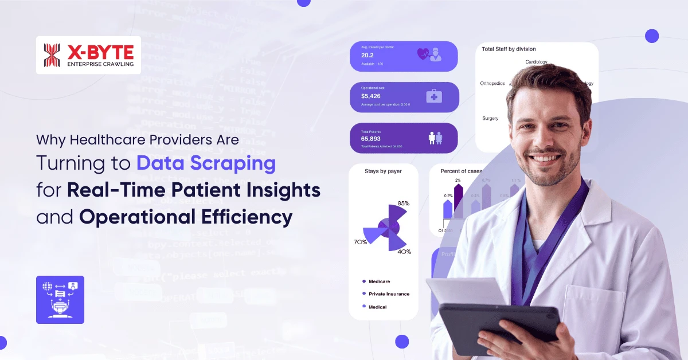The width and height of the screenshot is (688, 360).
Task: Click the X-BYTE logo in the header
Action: tap(88, 55)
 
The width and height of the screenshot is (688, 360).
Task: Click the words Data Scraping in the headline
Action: tap(206, 163)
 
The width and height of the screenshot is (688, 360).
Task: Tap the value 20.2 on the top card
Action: tap(368, 55)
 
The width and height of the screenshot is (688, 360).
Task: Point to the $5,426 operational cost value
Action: tap(370, 96)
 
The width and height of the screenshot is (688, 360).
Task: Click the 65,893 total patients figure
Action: tap(372, 139)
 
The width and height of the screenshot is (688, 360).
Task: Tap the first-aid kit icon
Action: tap(433, 96)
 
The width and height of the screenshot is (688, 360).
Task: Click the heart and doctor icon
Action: tap(429, 54)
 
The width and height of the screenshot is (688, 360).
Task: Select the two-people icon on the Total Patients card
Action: tap(435, 138)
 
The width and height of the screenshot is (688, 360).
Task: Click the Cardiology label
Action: tap(536, 62)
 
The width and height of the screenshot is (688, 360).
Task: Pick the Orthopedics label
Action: tap(492, 83)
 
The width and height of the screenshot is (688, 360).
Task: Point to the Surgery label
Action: tap(490, 118)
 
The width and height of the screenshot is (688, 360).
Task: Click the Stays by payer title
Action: tap(383, 171)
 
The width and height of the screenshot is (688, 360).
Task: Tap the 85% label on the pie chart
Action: tap(403, 203)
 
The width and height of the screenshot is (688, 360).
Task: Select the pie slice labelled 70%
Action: tap(373, 234)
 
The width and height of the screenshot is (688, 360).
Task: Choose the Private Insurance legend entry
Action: tap(389, 294)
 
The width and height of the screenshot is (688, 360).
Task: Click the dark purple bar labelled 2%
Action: tap(458, 201)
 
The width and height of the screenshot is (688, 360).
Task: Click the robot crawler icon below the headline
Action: tap(60, 299)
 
